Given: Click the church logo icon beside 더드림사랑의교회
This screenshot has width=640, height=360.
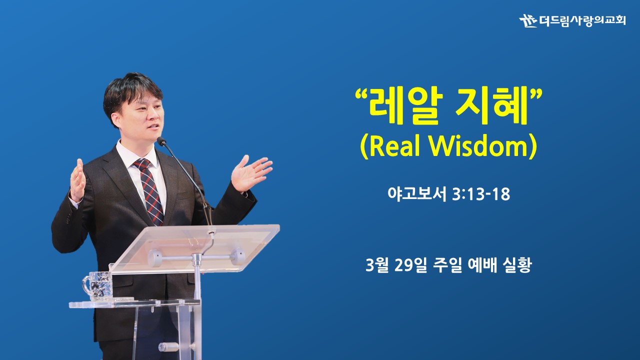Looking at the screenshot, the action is pos(528,21).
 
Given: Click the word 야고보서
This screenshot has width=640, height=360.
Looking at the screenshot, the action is pos(417,194).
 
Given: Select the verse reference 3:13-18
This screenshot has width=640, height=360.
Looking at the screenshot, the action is pos(481,194).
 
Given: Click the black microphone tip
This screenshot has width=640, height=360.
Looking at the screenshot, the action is pos(161,141).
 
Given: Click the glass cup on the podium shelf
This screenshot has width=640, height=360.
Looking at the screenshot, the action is pos(98,286).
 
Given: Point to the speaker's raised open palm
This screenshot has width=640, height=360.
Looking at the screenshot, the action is pos(250,173).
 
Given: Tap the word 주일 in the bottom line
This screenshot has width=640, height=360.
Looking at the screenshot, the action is pos(447,265).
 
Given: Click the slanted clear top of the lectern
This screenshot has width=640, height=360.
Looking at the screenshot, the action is pos(194,248).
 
